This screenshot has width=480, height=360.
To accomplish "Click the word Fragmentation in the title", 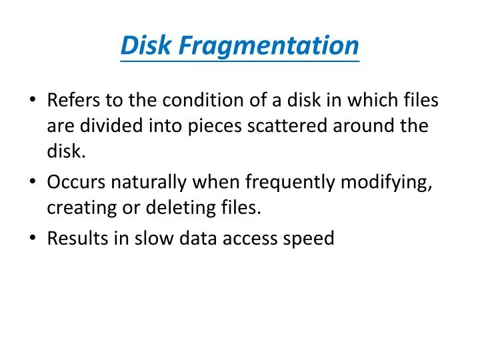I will point(271,45).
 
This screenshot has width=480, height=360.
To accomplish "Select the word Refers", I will point(72,101).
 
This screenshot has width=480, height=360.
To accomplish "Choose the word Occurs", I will point(74,182).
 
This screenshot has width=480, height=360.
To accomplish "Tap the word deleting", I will point(177,209).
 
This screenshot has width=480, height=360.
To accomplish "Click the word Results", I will point(74,238).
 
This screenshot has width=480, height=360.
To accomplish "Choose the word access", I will point(251,239).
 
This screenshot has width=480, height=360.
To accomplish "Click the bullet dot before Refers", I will point(33,101).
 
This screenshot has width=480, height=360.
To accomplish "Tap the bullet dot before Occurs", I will point(33,183).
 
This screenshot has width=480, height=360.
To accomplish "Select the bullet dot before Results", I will point(33,239).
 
